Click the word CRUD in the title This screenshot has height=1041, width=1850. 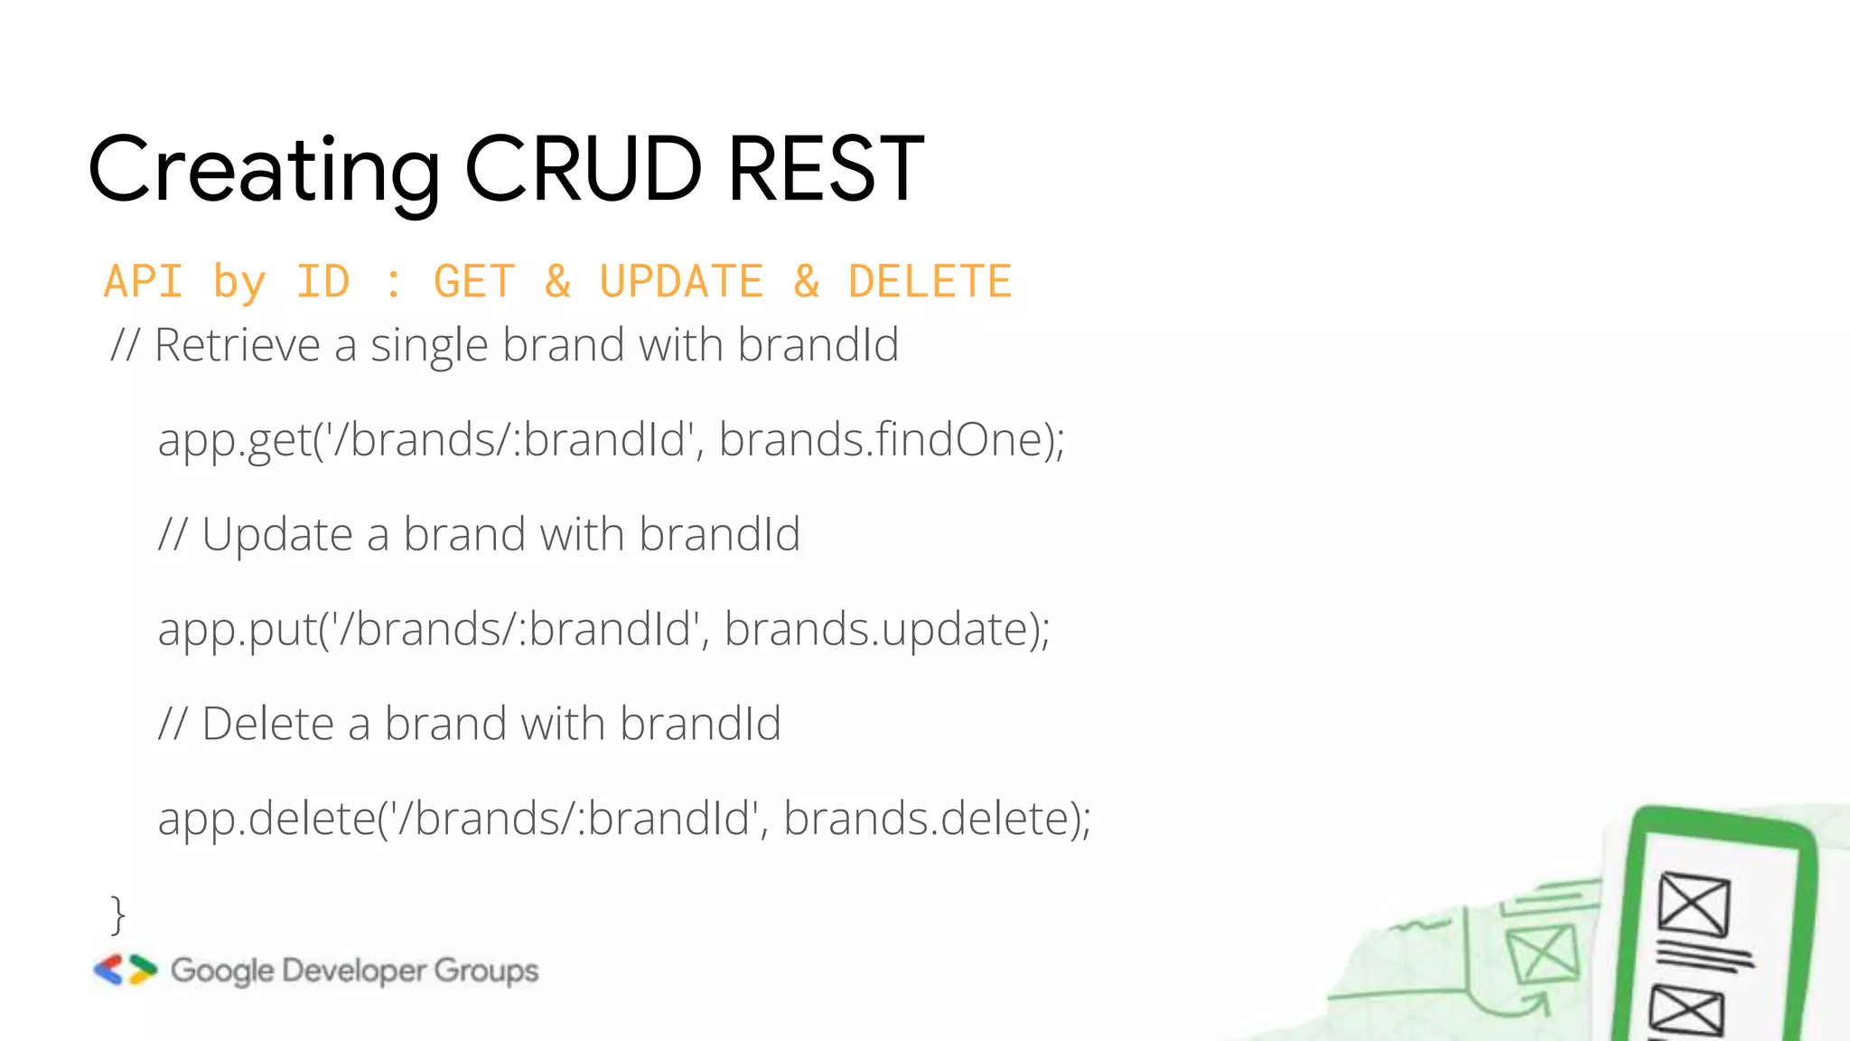pyautogui.click(x=583, y=169)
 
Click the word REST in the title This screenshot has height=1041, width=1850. pyautogui.click(x=826, y=169)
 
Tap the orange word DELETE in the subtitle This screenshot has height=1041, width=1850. pyautogui.click(x=930, y=281)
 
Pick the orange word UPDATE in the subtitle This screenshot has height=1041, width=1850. pyautogui.click(x=681, y=281)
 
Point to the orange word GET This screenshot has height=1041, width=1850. pyautogui.click(x=474, y=281)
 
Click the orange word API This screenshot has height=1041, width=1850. pyautogui.click(x=144, y=281)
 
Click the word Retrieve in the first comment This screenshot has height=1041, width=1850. pyautogui.click(x=237, y=345)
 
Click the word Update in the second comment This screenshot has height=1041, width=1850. pyautogui.click(x=276, y=534)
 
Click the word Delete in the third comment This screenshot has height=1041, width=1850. pyautogui.click(x=267, y=724)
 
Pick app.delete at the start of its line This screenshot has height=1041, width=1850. pyautogui.click(x=266, y=819)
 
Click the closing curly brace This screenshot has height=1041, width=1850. pyautogui.click(x=117, y=914)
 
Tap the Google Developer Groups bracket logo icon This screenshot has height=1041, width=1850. pyautogui.click(x=126, y=970)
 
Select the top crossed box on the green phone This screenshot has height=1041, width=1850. pyautogui.click(x=1694, y=904)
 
